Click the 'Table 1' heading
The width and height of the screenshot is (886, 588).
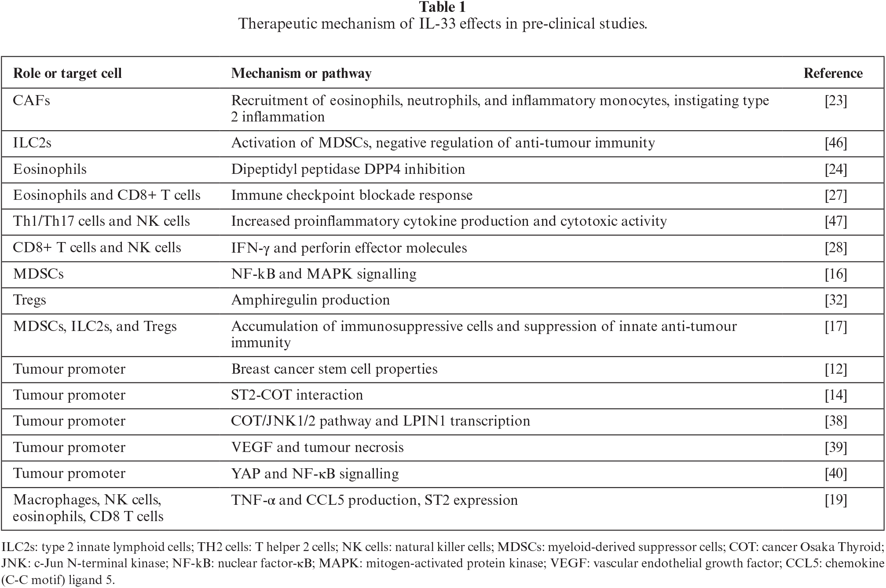click(442, 7)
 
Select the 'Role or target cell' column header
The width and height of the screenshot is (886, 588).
click(67, 73)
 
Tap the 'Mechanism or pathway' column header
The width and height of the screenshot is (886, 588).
click(301, 73)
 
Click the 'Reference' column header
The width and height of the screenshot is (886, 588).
click(833, 73)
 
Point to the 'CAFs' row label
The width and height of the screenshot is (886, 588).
click(32, 101)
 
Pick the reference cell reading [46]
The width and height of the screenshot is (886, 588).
click(836, 143)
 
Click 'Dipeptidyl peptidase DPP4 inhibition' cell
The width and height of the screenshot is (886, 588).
click(348, 169)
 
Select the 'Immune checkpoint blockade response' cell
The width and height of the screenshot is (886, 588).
click(351, 195)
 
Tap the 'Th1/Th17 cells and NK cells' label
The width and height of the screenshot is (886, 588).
click(102, 221)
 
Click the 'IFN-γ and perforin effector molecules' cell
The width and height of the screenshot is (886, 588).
click(349, 248)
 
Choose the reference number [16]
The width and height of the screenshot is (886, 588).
click(836, 274)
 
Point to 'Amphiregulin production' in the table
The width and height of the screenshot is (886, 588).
click(311, 300)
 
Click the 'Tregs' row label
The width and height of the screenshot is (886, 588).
click(29, 300)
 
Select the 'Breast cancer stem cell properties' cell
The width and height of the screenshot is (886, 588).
click(334, 369)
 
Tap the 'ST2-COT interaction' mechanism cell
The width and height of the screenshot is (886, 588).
click(297, 395)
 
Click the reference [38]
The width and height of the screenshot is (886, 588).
click(836, 421)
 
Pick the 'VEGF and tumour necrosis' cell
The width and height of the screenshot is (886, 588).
click(317, 448)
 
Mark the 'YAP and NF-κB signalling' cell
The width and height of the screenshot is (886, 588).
click(315, 474)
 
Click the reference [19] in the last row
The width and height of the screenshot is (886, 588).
click(836, 500)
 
